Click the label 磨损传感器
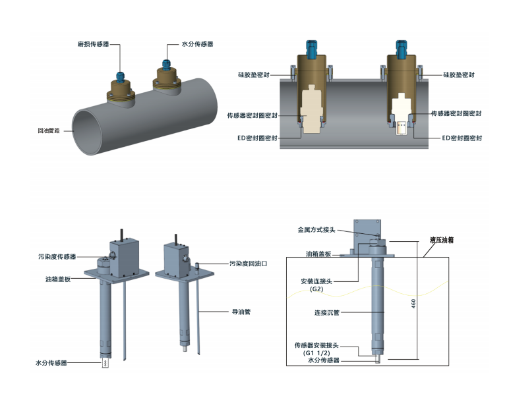(92, 45)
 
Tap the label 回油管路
(49, 130)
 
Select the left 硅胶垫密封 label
(253, 75)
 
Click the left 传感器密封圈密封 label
(251, 115)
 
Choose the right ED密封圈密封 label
(462, 138)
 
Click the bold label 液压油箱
(443, 241)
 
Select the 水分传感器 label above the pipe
(197, 45)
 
